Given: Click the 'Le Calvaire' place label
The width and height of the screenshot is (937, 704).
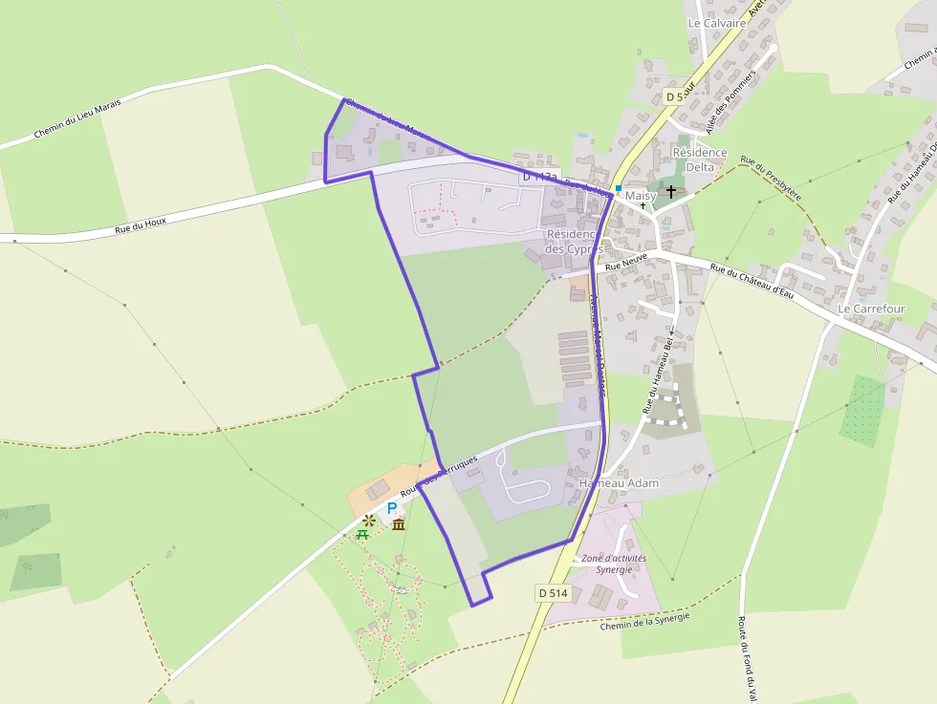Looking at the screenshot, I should (716, 22).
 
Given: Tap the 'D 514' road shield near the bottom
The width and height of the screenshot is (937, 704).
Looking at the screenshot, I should (553, 593).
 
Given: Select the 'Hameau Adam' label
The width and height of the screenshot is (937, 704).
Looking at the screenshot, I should (619, 483).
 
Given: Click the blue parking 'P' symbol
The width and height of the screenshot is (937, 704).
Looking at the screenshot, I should (392, 508).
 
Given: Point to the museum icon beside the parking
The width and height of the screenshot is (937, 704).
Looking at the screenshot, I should (399, 524).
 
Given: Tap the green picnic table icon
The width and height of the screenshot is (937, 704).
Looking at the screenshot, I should (363, 534).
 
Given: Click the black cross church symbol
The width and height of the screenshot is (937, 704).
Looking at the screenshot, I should (671, 191).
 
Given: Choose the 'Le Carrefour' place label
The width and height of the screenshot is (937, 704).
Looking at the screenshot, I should (871, 309).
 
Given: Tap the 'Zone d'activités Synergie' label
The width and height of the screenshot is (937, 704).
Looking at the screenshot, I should (614, 564).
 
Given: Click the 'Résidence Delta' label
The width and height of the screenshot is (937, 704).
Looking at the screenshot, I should (700, 159).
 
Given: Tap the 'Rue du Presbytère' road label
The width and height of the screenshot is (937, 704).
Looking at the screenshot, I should (771, 179).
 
